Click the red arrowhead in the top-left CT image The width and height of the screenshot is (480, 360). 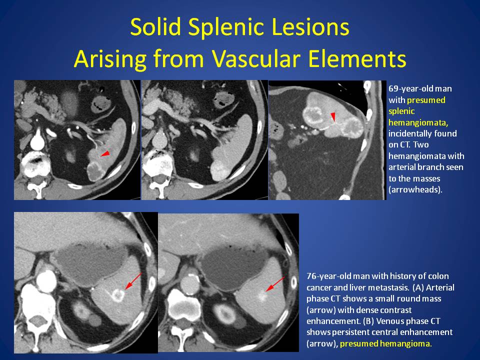pos(105,153)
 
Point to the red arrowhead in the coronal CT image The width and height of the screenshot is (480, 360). pos(333,116)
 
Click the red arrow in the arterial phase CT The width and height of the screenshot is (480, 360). pos(133,281)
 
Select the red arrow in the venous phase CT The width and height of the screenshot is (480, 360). pos(275,284)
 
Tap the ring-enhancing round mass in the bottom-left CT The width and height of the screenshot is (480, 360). pos(117,295)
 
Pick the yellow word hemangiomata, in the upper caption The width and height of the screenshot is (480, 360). pos(418,122)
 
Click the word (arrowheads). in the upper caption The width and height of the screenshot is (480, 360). pos(415,189)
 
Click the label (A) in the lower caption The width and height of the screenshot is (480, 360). pos(418,287)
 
